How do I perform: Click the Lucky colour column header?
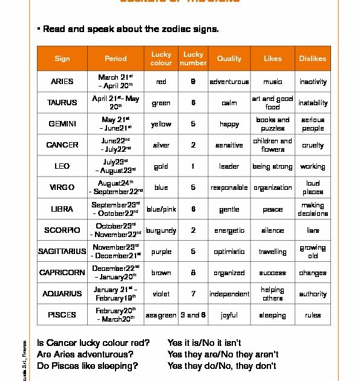(x=161, y=59)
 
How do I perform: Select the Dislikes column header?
(x=312, y=59)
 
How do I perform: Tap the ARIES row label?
(x=62, y=82)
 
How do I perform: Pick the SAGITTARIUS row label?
(x=62, y=252)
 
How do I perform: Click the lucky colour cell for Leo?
(x=161, y=166)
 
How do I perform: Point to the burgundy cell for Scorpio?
(x=161, y=230)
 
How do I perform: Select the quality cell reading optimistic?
(x=229, y=252)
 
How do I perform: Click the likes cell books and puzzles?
(x=272, y=124)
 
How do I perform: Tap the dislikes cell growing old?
(x=313, y=252)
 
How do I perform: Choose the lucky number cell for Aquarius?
(x=193, y=294)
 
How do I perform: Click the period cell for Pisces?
(x=116, y=315)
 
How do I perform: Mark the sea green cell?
(x=161, y=315)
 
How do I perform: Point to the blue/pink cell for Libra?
(x=161, y=209)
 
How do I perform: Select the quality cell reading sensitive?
(x=229, y=145)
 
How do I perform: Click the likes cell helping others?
(x=272, y=294)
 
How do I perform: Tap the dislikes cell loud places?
(x=313, y=187)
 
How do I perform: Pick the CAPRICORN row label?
(x=62, y=273)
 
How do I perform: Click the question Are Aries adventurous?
(x=85, y=354)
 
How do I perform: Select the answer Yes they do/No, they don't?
(x=222, y=365)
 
